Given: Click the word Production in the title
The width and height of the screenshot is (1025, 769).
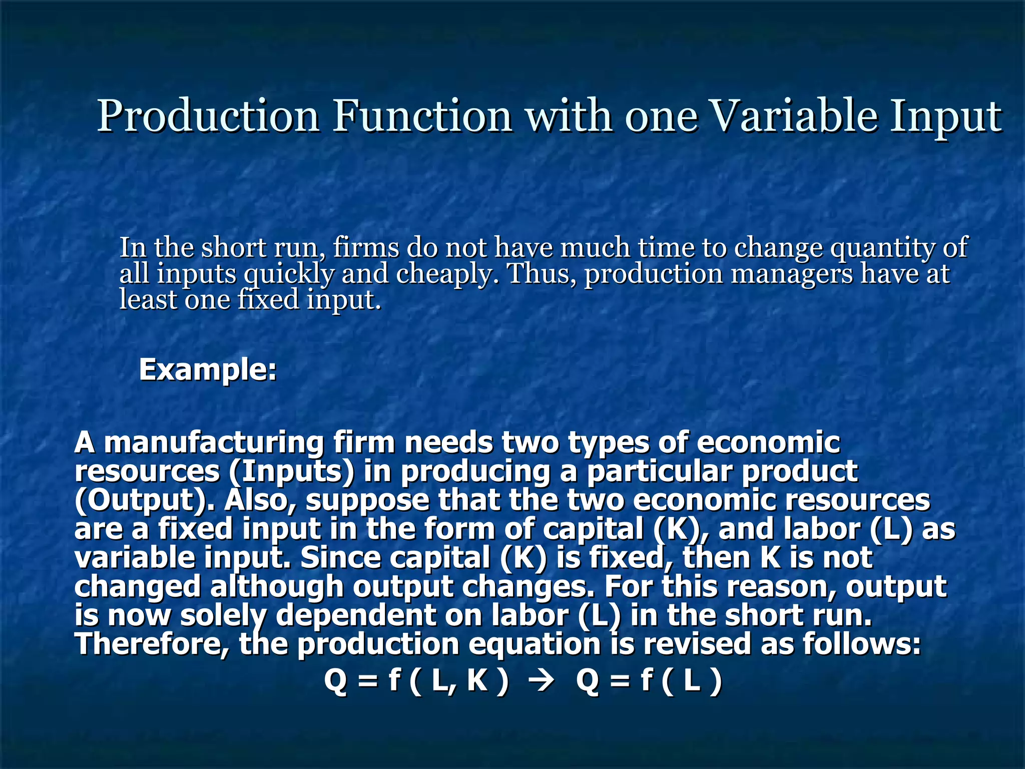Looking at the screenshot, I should point(208,116).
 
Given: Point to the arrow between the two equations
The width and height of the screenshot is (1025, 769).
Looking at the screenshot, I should point(543,681).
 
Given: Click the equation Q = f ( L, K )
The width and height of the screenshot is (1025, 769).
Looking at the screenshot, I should point(416,681).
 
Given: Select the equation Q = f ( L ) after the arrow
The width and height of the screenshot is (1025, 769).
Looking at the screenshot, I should point(649,681).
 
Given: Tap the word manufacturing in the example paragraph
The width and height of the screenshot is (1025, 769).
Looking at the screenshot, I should point(214,443).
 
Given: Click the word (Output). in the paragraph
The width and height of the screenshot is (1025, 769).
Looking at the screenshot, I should point(145,500).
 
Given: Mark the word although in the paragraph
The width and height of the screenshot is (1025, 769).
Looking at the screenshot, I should point(276,586).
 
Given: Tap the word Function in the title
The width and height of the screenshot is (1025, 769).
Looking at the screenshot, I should point(423,116).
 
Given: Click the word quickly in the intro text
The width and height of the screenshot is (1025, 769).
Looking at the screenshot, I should point(289,274).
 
